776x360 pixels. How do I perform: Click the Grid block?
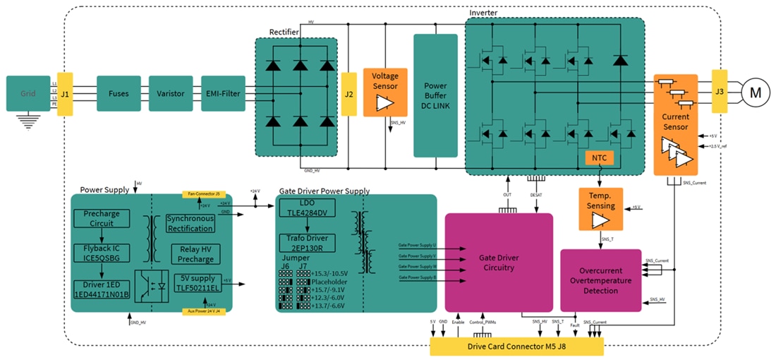(28, 93)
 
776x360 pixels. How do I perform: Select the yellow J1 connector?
(64, 93)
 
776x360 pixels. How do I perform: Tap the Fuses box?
(119, 93)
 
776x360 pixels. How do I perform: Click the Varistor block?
(171, 93)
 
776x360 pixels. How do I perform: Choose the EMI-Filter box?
(223, 93)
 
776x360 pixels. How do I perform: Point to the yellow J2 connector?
(348, 93)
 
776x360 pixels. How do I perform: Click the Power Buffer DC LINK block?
(435, 96)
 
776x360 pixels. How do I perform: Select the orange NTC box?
(600, 157)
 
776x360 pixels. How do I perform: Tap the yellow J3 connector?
(720, 91)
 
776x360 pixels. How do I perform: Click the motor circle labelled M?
(756, 92)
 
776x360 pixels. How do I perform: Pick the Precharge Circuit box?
(102, 218)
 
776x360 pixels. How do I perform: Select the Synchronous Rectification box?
(190, 223)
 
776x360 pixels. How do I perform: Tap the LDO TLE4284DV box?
(307, 208)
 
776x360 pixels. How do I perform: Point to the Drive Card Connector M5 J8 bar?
(517, 347)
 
